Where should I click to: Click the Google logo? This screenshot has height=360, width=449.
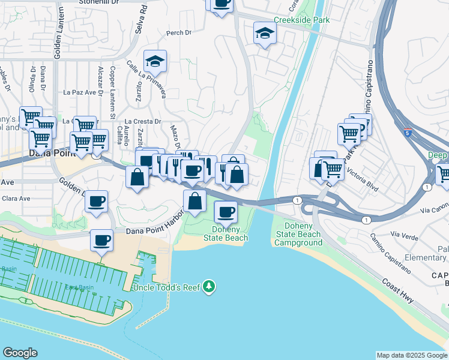[x=20, y=353]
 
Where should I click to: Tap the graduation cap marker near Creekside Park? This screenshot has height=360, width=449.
[x=264, y=34]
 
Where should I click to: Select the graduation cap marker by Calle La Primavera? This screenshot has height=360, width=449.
[x=155, y=61]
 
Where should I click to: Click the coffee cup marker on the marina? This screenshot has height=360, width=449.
[x=101, y=241]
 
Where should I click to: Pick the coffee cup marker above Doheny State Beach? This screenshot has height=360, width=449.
[x=226, y=211]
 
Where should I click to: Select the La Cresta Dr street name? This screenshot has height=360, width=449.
[x=143, y=121]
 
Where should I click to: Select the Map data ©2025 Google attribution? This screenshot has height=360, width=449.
[x=412, y=355]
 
